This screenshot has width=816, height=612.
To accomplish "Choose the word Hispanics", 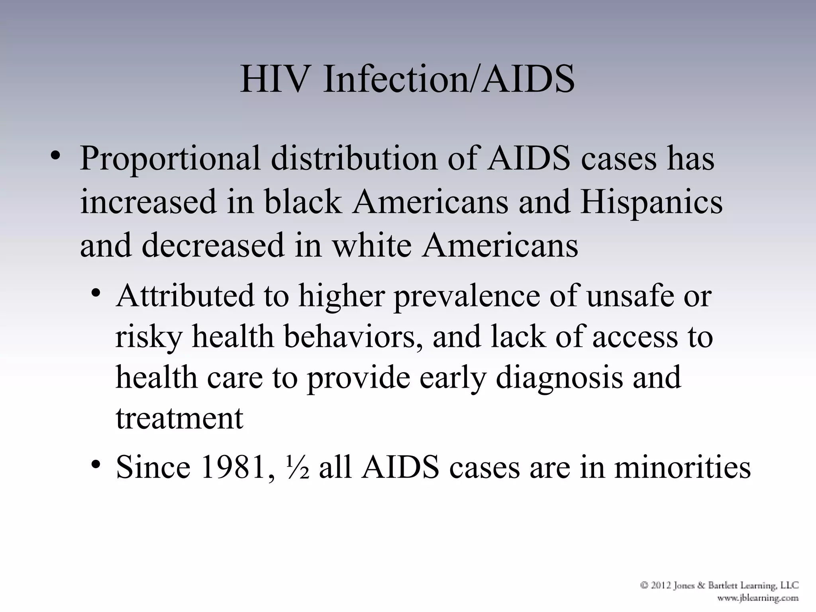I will pyautogui.click(x=651, y=202).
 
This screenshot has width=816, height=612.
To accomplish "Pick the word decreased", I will pyautogui.click(x=213, y=245).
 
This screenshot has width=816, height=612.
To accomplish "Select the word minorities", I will pyautogui.click(x=682, y=467).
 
